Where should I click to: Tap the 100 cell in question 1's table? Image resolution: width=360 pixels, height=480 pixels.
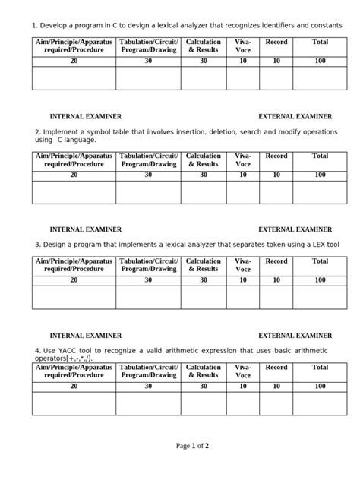(320, 60)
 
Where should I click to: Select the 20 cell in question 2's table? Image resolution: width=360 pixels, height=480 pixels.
(74, 175)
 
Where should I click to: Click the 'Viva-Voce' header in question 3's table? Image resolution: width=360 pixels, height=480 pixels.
(243, 265)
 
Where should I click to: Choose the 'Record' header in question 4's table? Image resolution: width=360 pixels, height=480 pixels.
(276, 367)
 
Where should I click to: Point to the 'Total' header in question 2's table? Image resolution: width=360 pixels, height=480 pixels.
(320, 156)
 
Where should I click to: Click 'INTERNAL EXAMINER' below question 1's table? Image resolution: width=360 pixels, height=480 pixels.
(86, 117)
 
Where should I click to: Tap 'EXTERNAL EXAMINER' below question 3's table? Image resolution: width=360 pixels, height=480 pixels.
(295, 335)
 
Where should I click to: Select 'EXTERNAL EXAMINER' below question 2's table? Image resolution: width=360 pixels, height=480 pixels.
(295, 229)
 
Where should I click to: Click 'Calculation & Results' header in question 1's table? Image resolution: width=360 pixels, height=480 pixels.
(204, 46)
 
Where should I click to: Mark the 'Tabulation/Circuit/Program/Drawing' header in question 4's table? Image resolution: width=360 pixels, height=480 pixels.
(148, 371)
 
